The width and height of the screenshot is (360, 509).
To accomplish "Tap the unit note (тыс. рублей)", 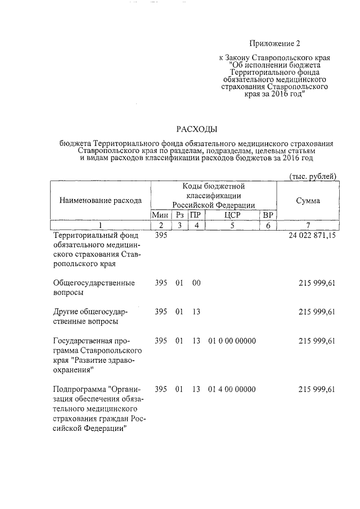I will coord(313,176).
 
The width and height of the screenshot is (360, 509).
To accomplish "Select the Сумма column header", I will coord(308,200).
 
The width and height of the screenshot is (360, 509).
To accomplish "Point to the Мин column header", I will coord(160,215).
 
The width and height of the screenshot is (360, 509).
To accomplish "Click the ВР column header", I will coord(268,215).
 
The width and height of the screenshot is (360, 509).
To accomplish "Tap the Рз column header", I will coord(179,215).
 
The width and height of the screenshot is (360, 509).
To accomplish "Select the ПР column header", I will coord(195,215).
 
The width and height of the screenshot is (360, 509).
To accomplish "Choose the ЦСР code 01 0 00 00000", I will coord(232,341).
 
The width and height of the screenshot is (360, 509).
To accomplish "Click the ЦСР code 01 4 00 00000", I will coord(232,389).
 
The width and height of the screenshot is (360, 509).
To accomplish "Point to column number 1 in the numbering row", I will coord(100,226).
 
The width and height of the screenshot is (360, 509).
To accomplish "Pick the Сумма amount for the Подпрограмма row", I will coord(317,389).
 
